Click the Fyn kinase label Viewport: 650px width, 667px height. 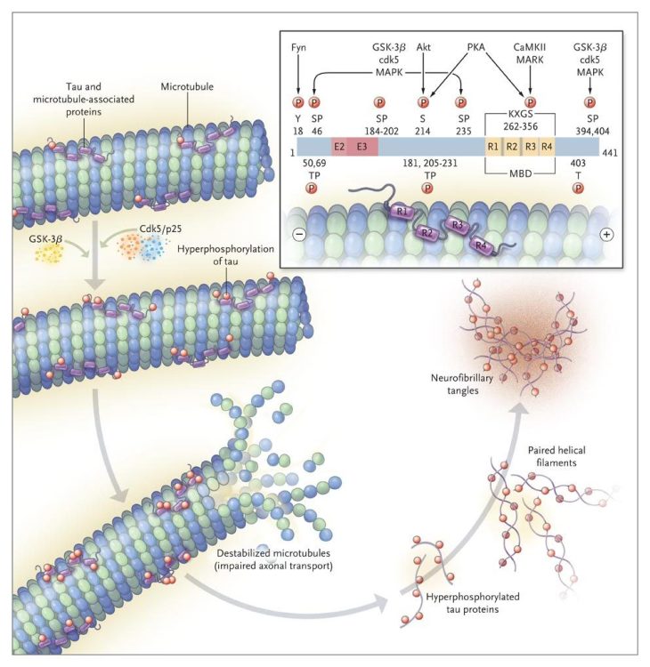[x=298, y=46]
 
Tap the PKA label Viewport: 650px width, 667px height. [x=480, y=46]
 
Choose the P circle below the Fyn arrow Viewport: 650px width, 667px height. [x=298, y=102]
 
